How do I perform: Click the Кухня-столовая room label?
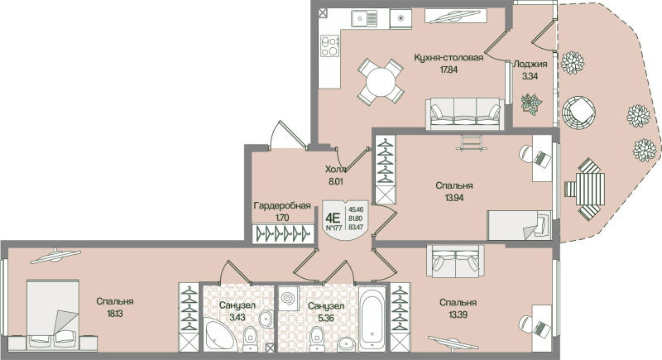click(x=448, y=58)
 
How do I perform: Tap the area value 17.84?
click(x=448, y=70)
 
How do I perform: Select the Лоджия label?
click(x=530, y=64)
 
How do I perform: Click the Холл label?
click(x=335, y=168)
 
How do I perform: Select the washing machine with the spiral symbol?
click(x=289, y=297)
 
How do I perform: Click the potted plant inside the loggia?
click(x=530, y=104)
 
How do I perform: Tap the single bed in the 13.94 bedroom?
click(x=517, y=225)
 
